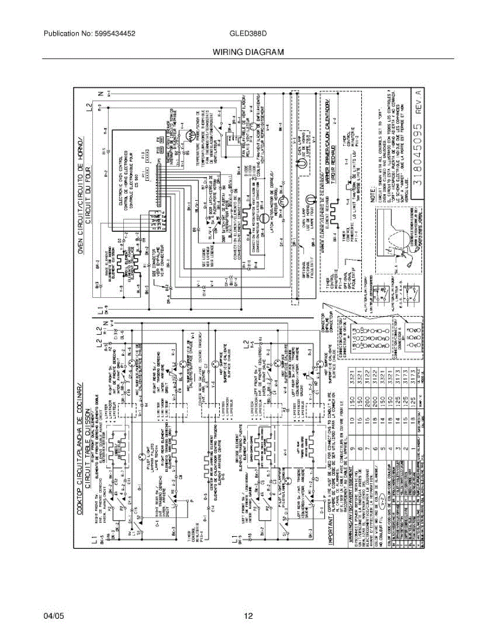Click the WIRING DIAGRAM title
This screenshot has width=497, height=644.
248,52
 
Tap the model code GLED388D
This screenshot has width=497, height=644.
248,33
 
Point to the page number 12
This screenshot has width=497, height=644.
248,616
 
